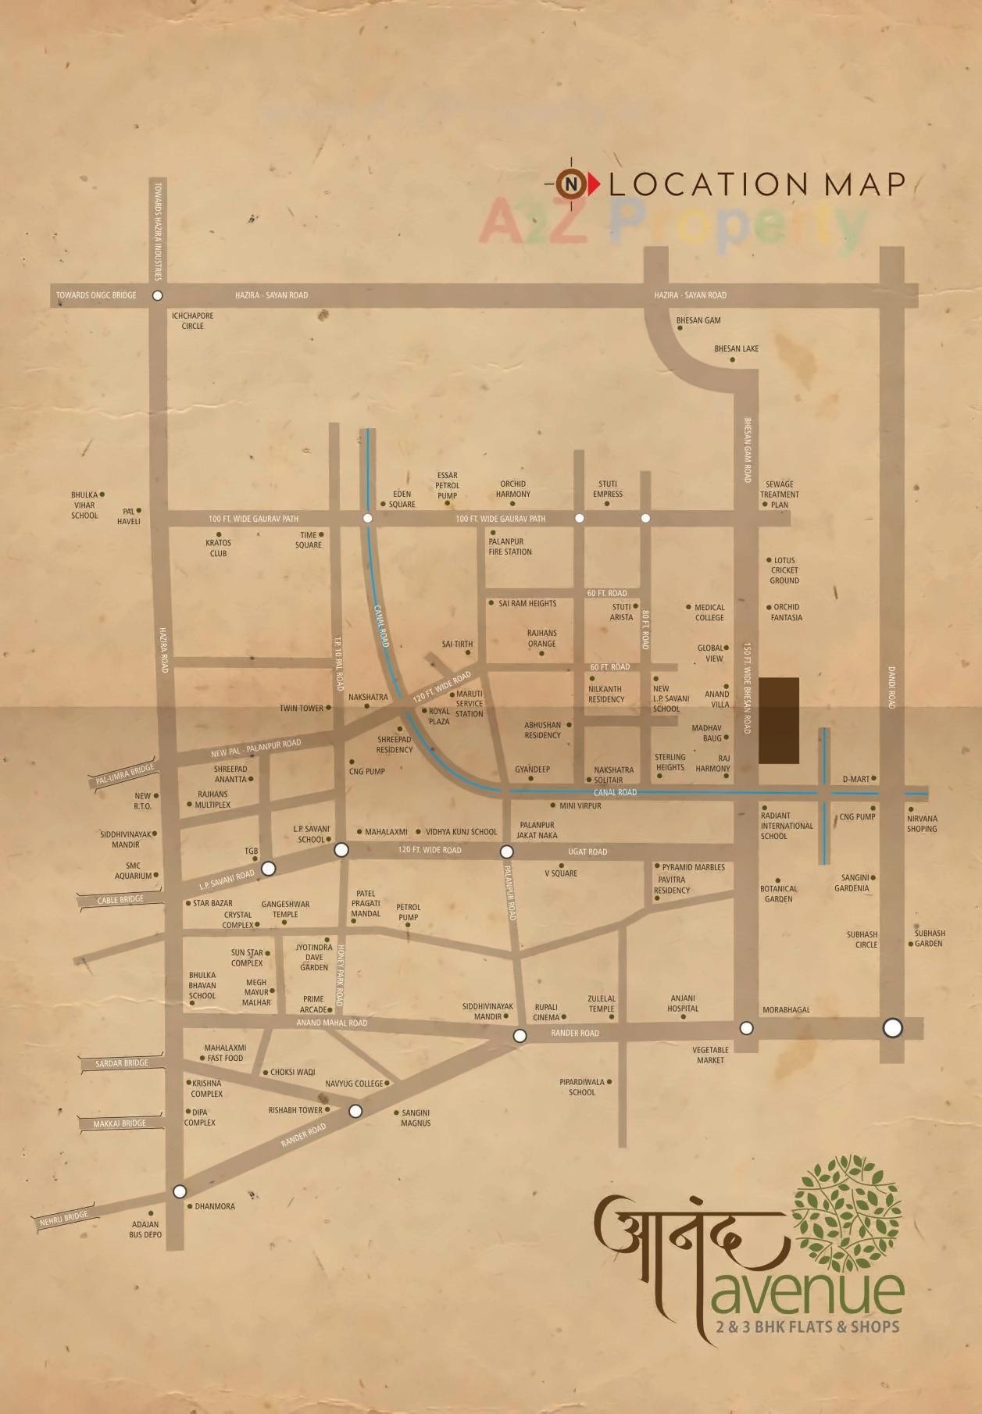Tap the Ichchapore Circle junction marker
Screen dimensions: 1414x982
click(158, 295)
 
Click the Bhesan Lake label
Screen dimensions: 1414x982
click(736, 349)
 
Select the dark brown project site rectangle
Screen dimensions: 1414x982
click(779, 720)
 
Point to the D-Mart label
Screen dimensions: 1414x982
click(856, 779)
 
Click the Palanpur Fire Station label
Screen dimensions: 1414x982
click(510, 546)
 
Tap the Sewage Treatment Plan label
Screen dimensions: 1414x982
click(780, 495)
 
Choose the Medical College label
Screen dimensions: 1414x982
click(709, 612)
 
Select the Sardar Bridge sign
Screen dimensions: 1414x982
click(122, 1063)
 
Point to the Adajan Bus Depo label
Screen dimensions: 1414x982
click(145, 1230)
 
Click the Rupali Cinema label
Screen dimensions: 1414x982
click(546, 1012)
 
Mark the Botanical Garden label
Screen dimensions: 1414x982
click(779, 894)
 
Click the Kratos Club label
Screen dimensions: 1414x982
click(218, 548)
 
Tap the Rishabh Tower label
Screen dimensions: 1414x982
click(295, 1110)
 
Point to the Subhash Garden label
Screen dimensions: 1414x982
click(930, 938)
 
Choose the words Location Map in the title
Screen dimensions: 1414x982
click(756, 184)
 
